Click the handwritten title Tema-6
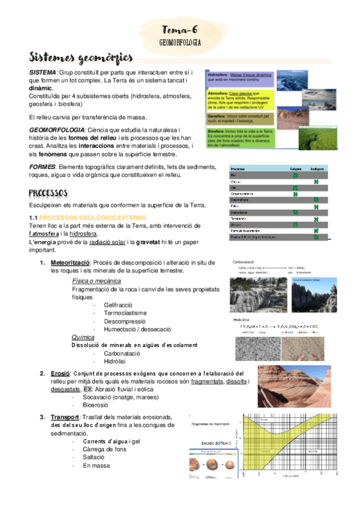pos(180,30)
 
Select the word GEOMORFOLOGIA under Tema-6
pos(180,43)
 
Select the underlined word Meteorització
pos(70,263)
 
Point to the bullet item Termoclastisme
pos(124,313)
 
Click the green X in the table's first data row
pos(295,175)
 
